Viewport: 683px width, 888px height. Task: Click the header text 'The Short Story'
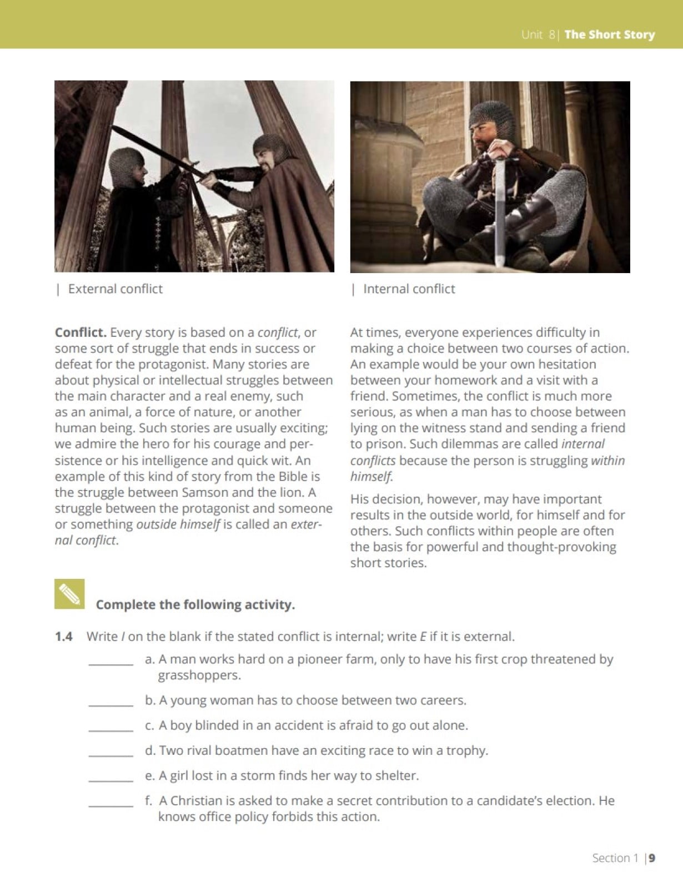[609, 34]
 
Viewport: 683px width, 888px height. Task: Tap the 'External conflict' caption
[115, 289]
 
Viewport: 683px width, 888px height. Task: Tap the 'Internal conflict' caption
[409, 289]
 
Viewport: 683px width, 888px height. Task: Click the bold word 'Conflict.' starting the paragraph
[81, 332]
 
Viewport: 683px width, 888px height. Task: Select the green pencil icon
[69, 594]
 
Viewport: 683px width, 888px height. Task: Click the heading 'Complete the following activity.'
[195, 604]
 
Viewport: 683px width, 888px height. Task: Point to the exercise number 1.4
[64, 637]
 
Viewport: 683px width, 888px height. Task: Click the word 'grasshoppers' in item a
[199, 675]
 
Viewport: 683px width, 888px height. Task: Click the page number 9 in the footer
[652, 858]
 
